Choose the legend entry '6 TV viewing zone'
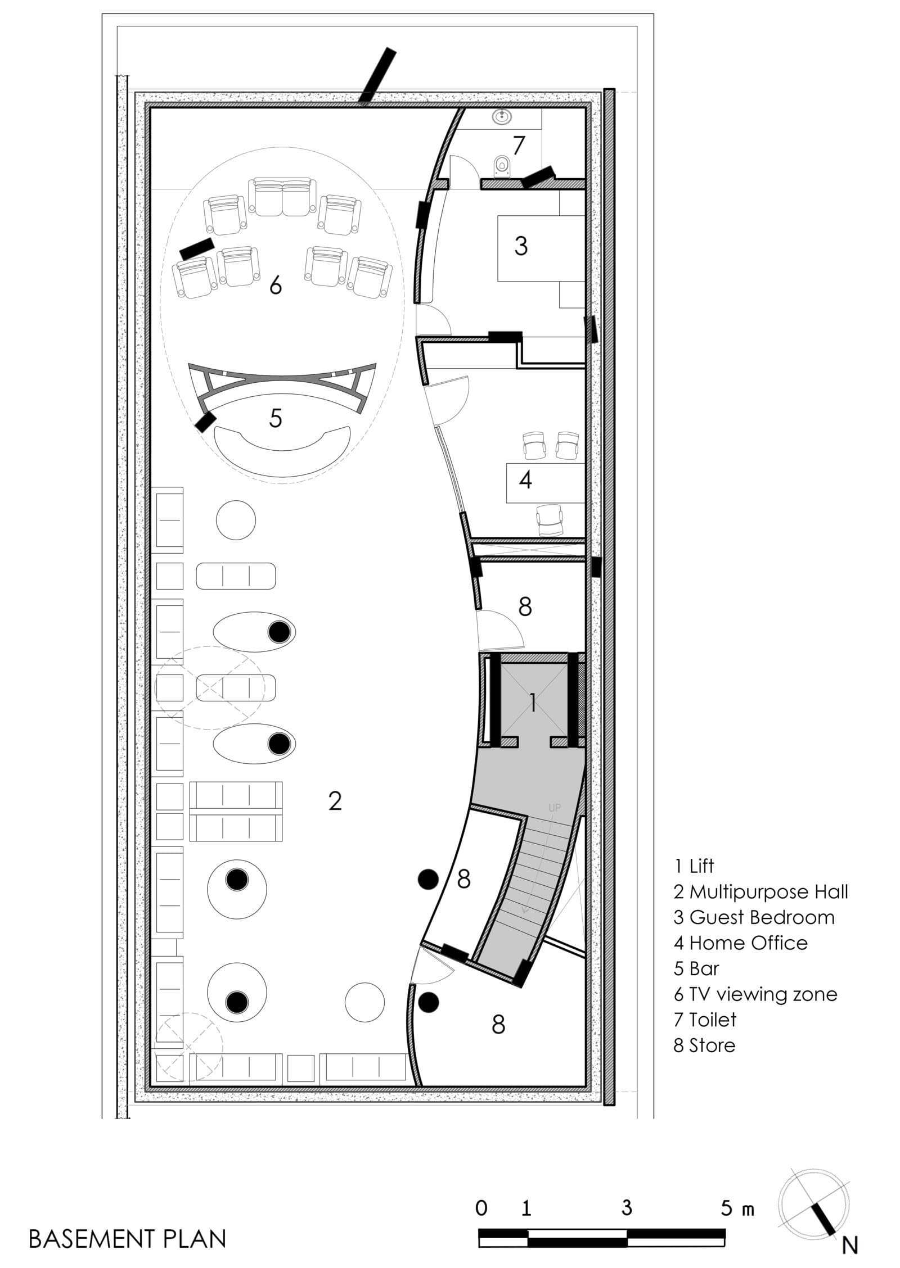pyautogui.click(x=755, y=994)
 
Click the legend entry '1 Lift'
pyautogui.click(x=694, y=866)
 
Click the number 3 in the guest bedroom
pyautogui.click(x=521, y=246)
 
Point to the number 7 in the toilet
pyautogui.click(x=518, y=146)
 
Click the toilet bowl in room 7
pyautogui.click(x=501, y=166)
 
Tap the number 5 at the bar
pyautogui.click(x=276, y=418)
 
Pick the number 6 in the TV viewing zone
pyautogui.click(x=276, y=286)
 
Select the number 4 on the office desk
pyautogui.click(x=525, y=480)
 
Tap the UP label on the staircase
pyautogui.click(x=555, y=808)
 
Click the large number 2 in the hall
pyautogui.click(x=335, y=801)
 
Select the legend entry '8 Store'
pyautogui.click(x=705, y=1045)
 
